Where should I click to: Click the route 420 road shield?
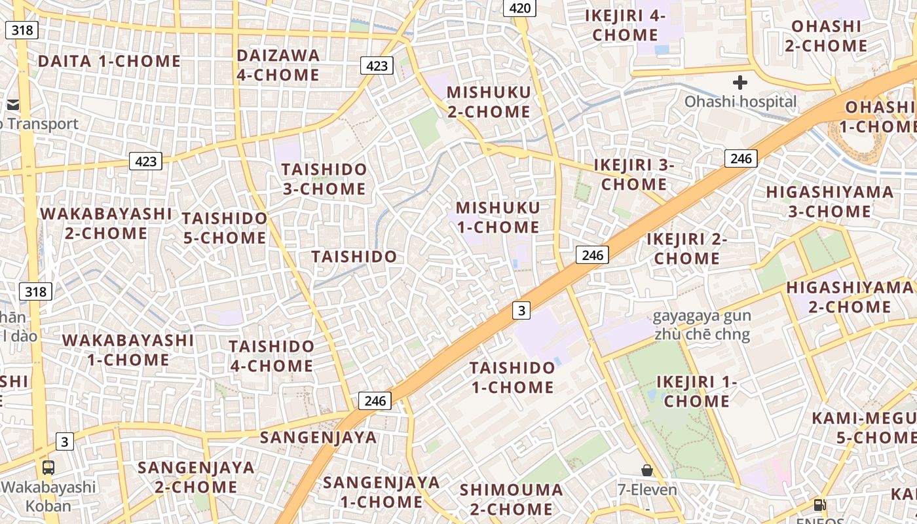(519, 8)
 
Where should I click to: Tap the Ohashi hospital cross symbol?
(740, 83)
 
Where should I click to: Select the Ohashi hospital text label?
(741, 102)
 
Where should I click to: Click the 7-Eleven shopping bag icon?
(647, 470)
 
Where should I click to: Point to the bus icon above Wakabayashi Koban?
(48, 468)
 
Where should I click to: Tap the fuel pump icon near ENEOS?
(819, 504)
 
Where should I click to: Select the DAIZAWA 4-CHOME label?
(278, 65)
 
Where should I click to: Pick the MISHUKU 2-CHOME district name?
(489, 102)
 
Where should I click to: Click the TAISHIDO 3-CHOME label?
(324, 179)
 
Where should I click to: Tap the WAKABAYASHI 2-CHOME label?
(106, 223)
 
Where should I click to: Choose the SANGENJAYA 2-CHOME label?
(196, 477)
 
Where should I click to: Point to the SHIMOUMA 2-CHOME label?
(511, 499)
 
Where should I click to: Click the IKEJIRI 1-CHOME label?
(697, 391)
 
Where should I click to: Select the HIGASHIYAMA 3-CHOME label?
(829, 202)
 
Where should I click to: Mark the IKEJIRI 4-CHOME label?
(625, 26)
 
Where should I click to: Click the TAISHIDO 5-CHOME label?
(225, 227)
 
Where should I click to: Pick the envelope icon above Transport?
(13, 105)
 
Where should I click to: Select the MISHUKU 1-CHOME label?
(498, 217)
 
